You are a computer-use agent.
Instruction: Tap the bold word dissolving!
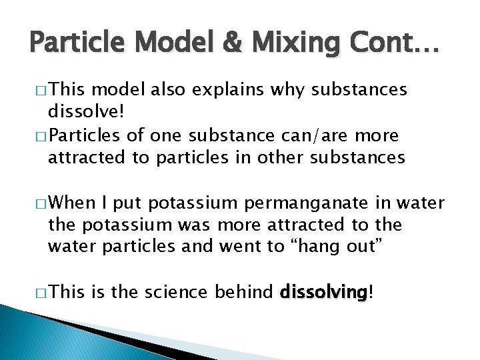pyautogui.click(x=324, y=291)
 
